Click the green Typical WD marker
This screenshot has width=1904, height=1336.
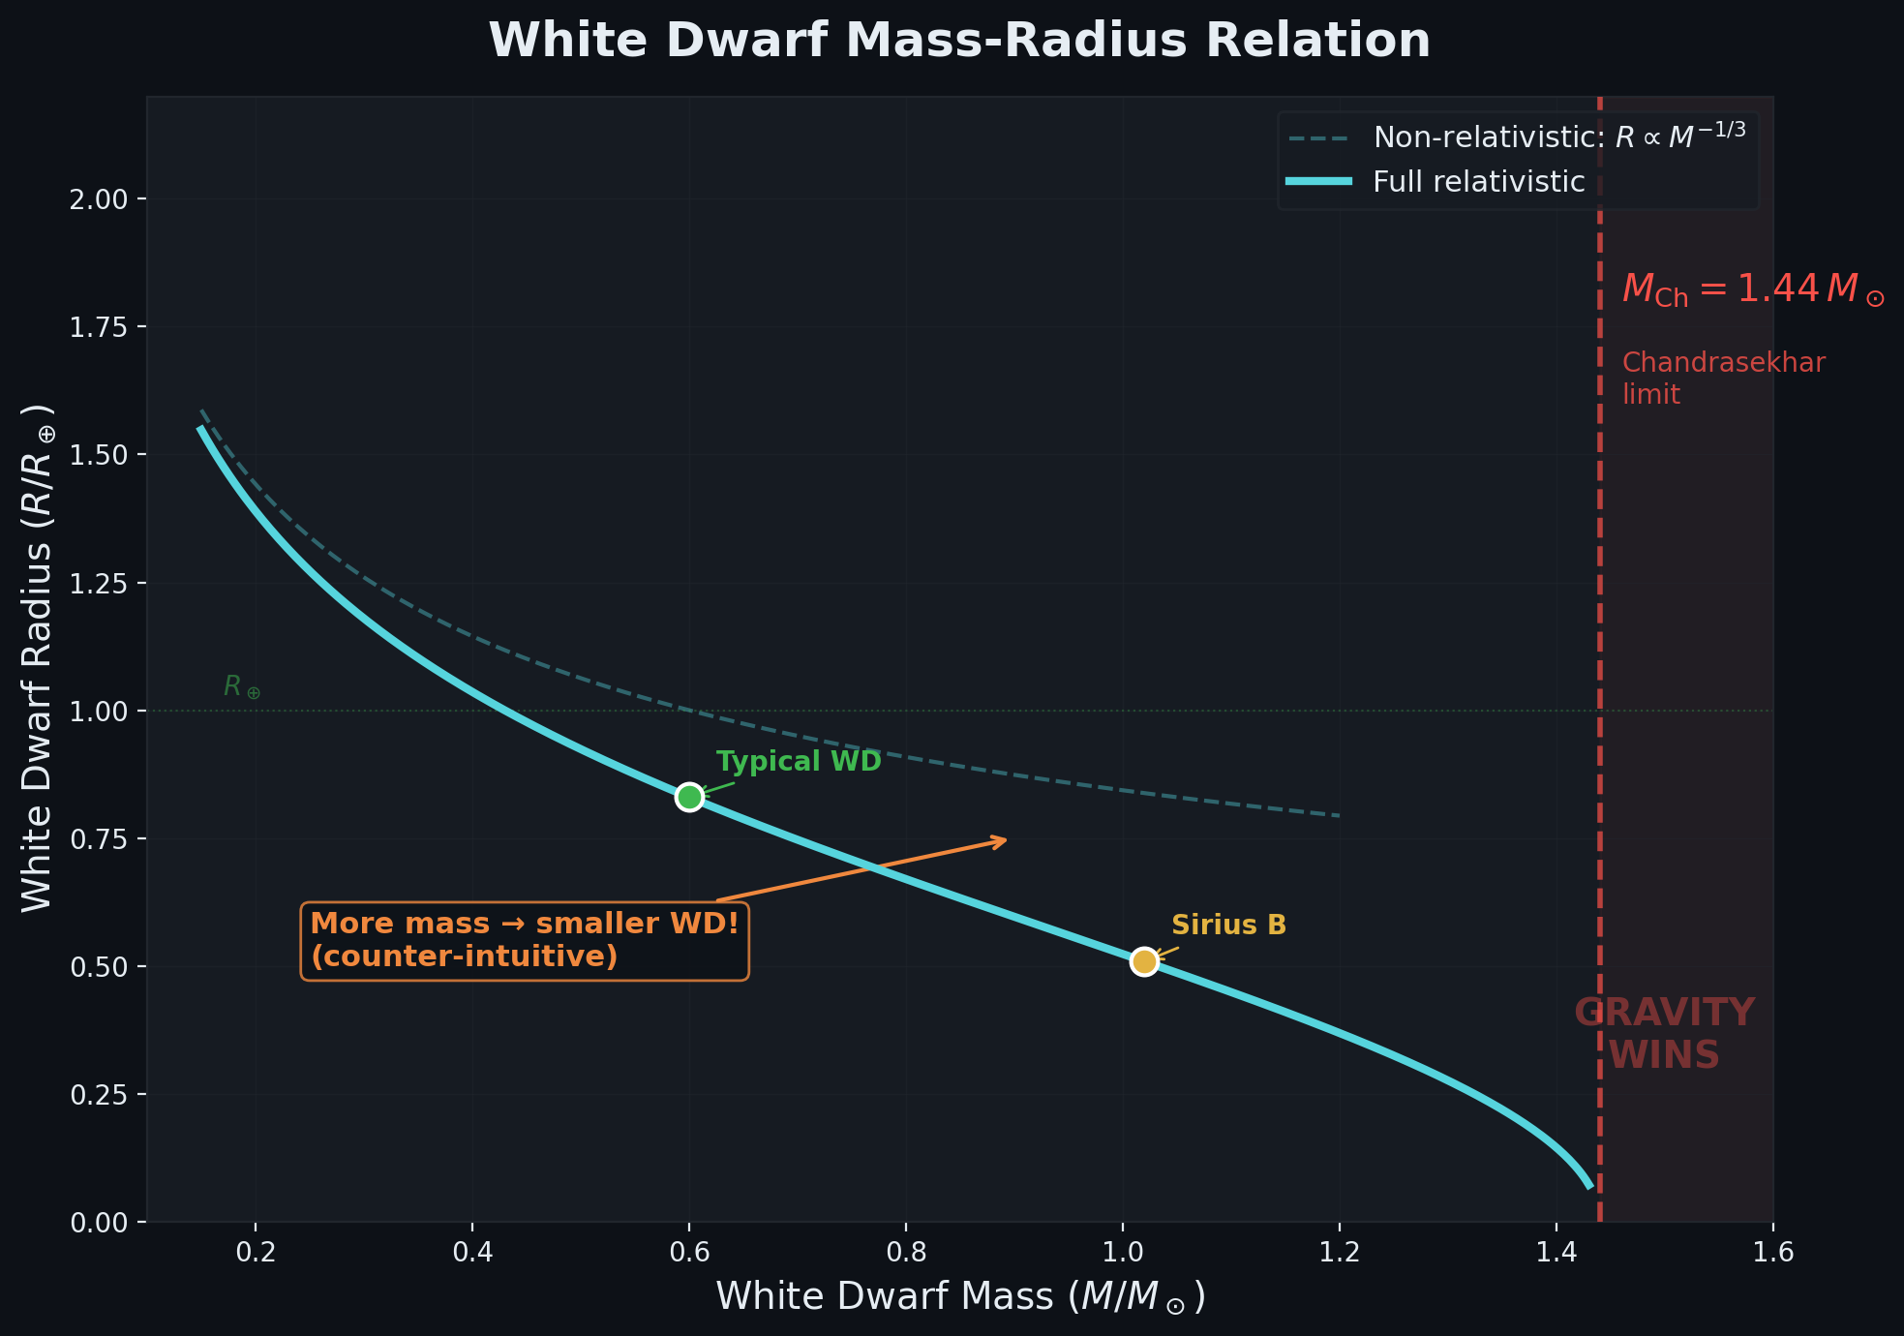click(x=688, y=797)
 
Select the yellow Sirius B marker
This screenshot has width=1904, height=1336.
click(x=1144, y=961)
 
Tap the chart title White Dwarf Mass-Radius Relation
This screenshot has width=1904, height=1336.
click(x=959, y=41)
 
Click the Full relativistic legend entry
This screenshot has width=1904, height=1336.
click(x=1478, y=182)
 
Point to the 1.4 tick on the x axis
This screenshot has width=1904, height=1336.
click(x=1556, y=1252)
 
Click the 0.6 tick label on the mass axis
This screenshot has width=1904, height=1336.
click(x=688, y=1252)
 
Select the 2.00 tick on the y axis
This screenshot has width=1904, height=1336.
click(x=99, y=199)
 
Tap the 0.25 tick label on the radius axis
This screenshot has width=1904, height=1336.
click(x=99, y=1095)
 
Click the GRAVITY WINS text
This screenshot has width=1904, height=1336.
click(x=1664, y=1034)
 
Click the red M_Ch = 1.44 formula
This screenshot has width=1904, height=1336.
click(x=1752, y=289)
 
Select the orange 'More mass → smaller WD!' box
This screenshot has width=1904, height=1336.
click(x=525, y=940)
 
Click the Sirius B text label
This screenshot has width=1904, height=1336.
click(x=1228, y=926)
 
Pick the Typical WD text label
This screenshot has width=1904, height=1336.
click(x=799, y=762)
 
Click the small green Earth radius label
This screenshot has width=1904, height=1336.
click(x=242, y=687)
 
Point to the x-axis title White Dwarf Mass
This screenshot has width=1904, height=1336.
click(x=960, y=1297)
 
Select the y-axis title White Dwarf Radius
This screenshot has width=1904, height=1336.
click(x=38, y=658)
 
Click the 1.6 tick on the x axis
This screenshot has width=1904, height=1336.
click(x=1772, y=1252)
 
